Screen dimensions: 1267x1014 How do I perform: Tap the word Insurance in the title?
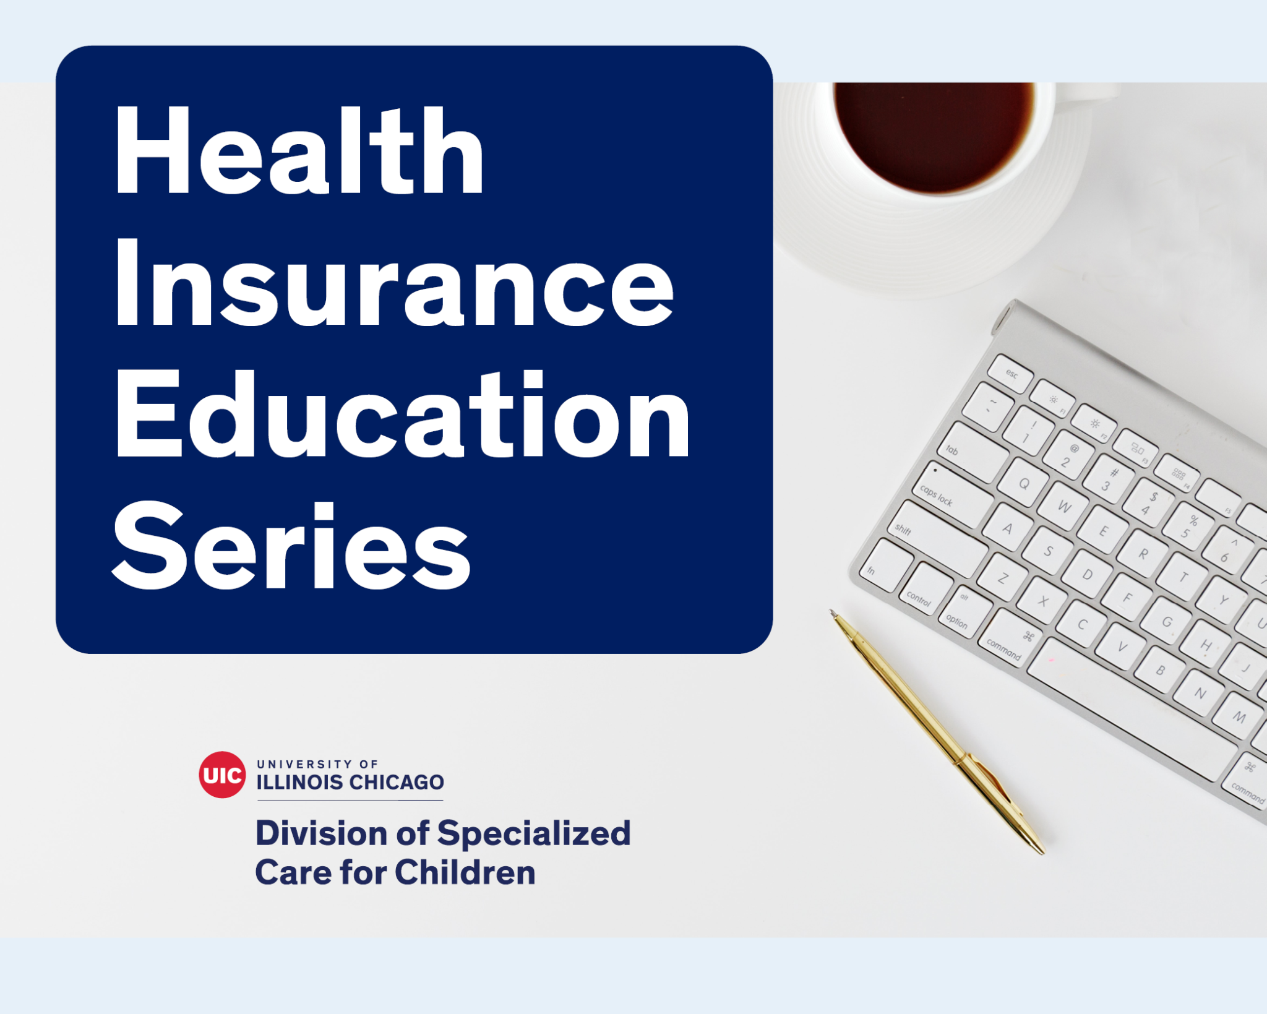[x=394, y=281]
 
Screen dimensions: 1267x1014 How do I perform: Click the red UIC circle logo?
[x=222, y=775]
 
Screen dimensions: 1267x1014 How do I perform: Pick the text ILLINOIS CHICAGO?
[x=350, y=782]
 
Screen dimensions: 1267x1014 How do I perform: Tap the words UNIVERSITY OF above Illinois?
[x=317, y=764]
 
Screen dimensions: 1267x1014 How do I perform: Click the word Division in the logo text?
[x=322, y=833]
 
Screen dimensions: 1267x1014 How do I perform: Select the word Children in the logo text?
[x=465, y=872]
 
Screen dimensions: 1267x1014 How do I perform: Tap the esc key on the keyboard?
[x=1010, y=374]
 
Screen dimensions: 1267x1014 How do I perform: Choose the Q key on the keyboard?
[x=1024, y=483]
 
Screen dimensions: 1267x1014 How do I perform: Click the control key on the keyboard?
[x=925, y=589]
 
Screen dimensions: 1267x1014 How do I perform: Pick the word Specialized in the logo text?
[x=534, y=834]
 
